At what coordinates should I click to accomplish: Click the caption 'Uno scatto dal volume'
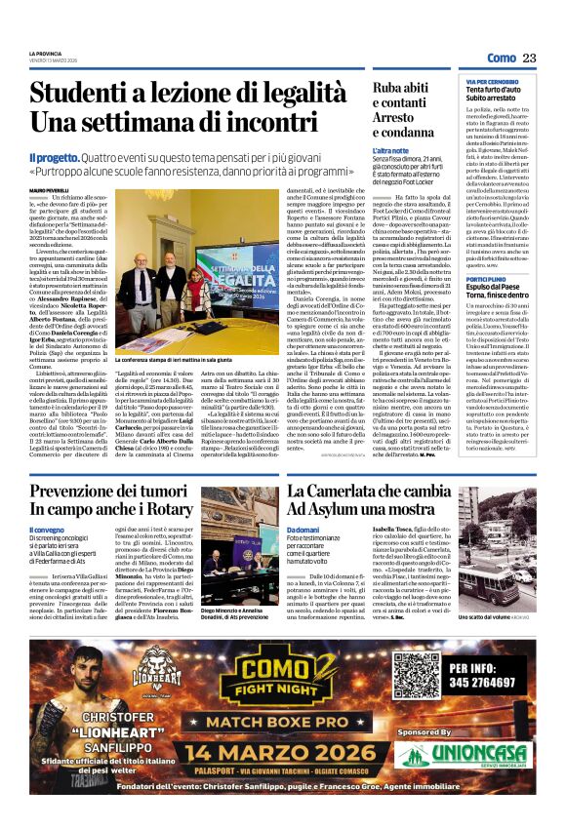tap(483, 616)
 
